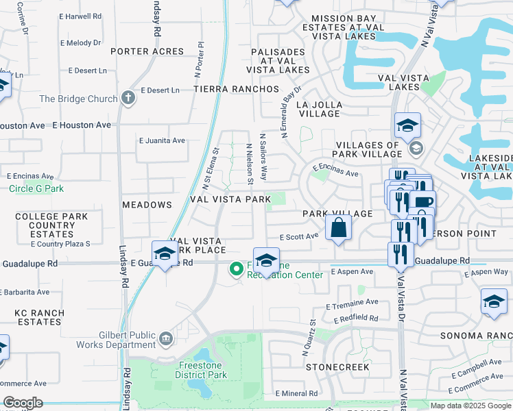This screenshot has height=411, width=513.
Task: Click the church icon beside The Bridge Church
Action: click(128, 99)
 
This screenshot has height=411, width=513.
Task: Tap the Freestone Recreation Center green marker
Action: click(237, 269)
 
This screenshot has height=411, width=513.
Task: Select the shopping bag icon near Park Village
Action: click(339, 228)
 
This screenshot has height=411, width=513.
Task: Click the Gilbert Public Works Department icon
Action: click(166, 339)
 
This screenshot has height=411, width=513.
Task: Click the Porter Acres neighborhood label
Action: click(147, 51)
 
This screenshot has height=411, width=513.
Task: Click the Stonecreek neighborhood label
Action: click(337, 367)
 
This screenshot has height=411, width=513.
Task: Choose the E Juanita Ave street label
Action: click(162, 140)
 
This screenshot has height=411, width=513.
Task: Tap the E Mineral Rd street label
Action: click(296, 394)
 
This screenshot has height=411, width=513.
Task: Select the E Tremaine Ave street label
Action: click(353, 302)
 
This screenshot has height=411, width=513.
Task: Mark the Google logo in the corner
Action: click(23, 403)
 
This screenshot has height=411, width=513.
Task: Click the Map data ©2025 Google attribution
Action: click(470, 406)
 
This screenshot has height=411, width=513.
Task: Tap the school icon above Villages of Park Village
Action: click(407, 125)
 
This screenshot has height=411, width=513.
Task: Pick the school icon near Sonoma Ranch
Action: click(494, 302)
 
